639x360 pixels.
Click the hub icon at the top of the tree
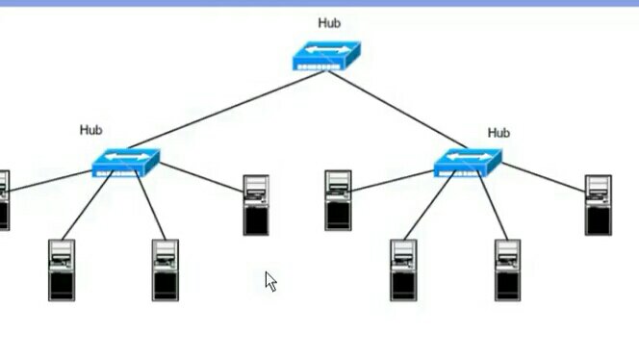click(x=326, y=57)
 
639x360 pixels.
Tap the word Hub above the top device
click(x=329, y=23)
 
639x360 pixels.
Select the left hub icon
click(x=125, y=163)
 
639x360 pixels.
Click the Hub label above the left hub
click(x=91, y=130)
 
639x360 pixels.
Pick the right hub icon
click(x=468, y=163)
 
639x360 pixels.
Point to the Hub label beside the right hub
click(x=498, y=133)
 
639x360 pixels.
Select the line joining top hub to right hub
click(x=399, y=112)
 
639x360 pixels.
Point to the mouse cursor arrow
click(x=270, y=281)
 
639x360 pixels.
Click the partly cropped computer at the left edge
click(x=3, y=200)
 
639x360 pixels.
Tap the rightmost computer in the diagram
click(x=598, y=204)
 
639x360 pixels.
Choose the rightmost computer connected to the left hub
click(x=255, y=204)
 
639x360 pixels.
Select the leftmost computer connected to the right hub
click(x=338, y=200)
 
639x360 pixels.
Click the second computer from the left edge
click(x=62, y=270)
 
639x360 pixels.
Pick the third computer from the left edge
click(x=165, y=270)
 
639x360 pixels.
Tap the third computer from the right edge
click(x=403, y=270)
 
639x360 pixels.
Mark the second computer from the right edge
click(x=507, y=270)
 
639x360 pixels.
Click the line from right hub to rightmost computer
click(x=544, y=176)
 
